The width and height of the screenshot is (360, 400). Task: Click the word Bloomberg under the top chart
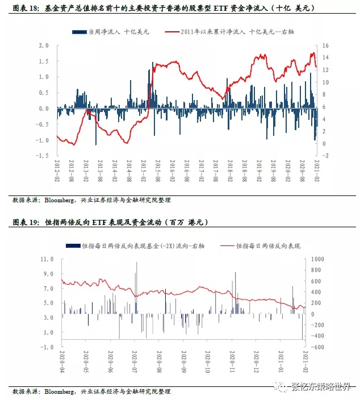pos(60,201)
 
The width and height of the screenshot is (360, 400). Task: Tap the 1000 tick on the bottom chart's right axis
pos(316,259)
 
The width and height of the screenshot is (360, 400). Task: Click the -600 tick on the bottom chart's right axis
pos(316,347)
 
